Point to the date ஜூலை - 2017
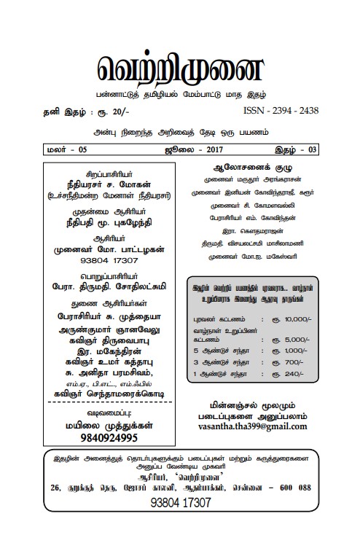179,150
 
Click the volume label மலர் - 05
64,150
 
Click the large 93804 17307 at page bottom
179,523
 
